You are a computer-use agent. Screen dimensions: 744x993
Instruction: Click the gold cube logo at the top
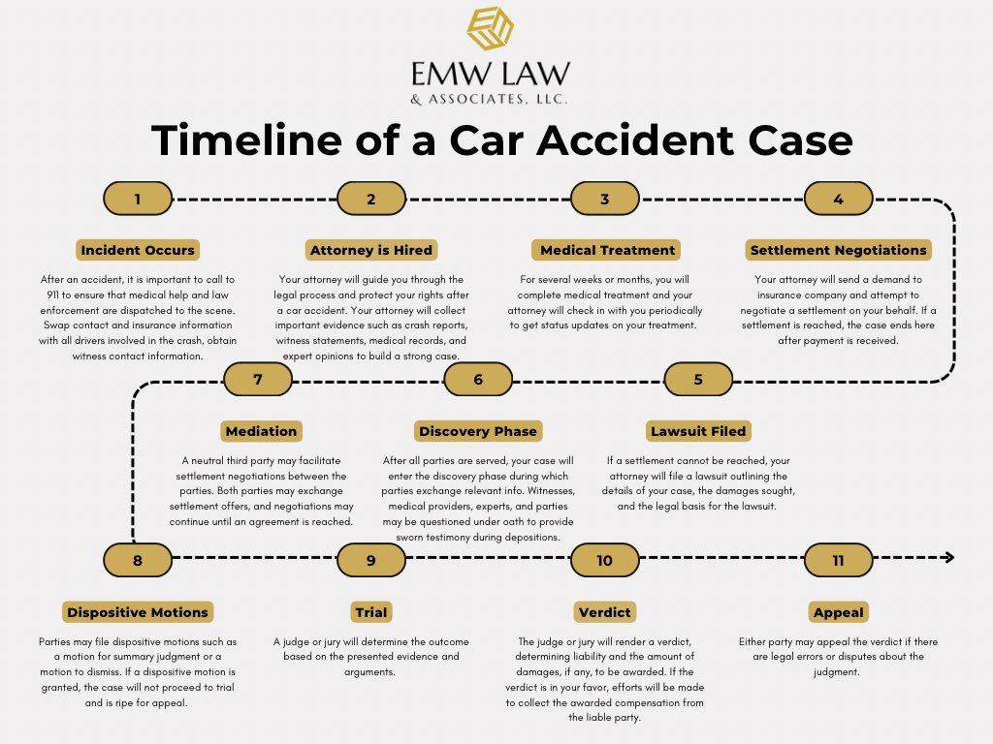(x=490, y=28)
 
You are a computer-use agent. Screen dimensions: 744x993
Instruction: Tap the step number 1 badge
(x=138, y=199)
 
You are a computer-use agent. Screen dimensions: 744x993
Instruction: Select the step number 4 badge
(x=839, y=199)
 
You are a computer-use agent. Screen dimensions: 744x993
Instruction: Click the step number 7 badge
(x=258, y=379)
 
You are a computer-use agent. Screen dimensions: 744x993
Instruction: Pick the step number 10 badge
(x=605, y=560)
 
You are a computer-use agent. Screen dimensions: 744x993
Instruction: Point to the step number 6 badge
(x=478, y=379)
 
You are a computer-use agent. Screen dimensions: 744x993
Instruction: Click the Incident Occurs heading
(x=138, y=250)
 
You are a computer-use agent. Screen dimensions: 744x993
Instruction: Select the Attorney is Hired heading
(x=371, y=250)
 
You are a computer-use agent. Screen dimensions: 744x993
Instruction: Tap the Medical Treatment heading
(x=607, y=250)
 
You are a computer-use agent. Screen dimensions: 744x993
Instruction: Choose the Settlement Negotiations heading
(x=839, y=250)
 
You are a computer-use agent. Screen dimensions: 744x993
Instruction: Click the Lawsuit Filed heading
(x=698, y=431)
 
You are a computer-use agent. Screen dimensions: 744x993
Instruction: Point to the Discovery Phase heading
(x=478, y=431)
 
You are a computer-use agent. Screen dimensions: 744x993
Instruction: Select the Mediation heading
(x=261, y=431)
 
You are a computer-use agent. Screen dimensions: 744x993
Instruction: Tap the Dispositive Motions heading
(x=138, y=612)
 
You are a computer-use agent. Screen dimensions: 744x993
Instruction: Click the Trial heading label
(x=371, y=612)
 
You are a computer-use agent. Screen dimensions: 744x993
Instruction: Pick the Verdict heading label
(x=605, y=612)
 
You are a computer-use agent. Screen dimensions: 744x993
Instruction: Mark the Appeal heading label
(x=839, y=612)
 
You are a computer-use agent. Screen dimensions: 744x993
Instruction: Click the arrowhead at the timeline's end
(x=948, y=558)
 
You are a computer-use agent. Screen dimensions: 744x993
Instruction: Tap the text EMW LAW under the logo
(x=490, y=74)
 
